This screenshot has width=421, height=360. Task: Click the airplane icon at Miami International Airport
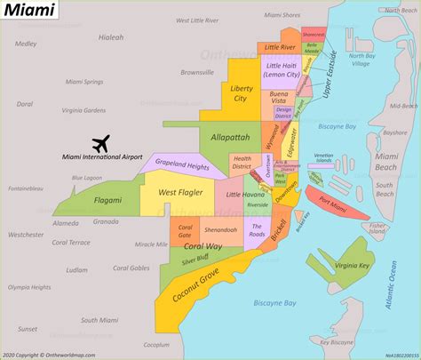(100, 143)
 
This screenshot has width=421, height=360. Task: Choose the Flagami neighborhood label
(108, 200)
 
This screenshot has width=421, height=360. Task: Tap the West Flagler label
(182, 191)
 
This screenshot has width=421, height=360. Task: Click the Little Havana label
(245, 194)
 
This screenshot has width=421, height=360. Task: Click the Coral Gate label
(185, 229)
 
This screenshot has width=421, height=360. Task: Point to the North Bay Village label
(361, 60)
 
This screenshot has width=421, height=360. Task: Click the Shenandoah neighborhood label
(220, 230)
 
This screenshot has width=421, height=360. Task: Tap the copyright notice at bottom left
(53, 354)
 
